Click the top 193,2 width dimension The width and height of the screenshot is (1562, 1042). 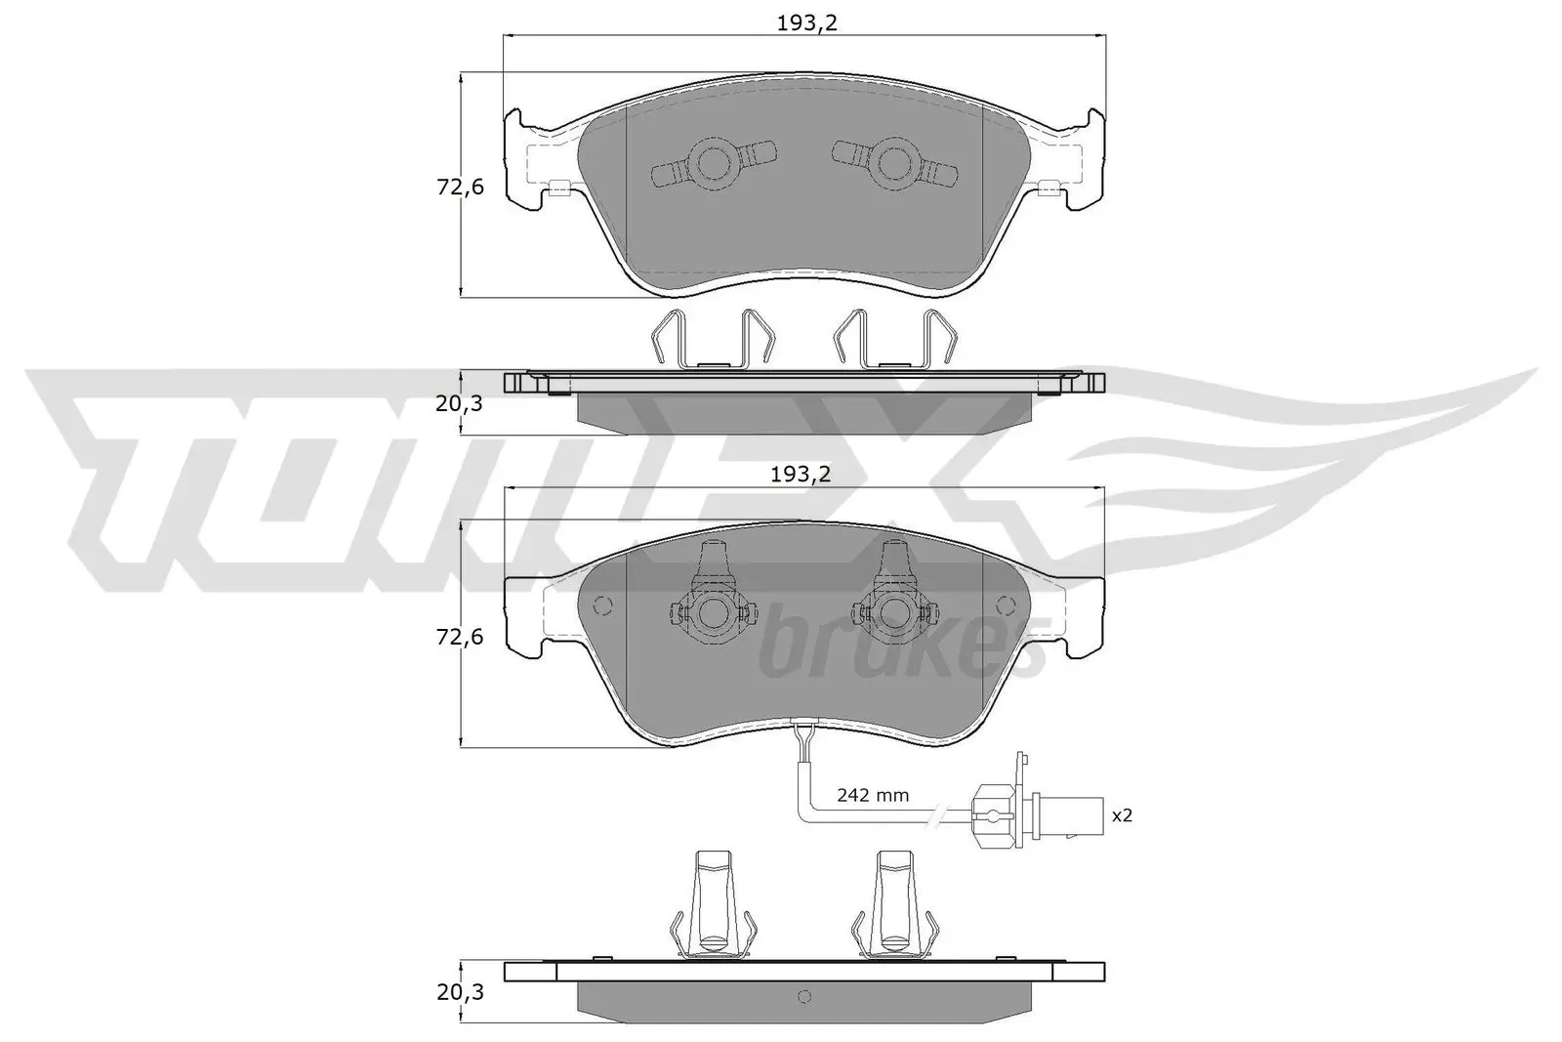pyautogui.click(x=806, y=23)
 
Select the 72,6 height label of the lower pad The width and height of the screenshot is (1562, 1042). pyautogui.click(x=460, y=637)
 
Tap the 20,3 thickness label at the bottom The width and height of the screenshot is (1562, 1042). pyautogui.click(x=460, y=992)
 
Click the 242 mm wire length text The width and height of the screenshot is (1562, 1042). pyautogui.click(x=873, y=795)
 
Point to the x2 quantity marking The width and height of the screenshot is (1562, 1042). pyautogui.click(x=1123, y=814)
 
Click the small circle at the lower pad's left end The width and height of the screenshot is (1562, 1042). pyautogui.click(x=602, y=604)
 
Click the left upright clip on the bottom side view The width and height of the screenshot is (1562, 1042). pyautogui.click(x=710, y=903)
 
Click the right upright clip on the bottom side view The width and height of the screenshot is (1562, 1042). pyautogui.click(x=894, y=903)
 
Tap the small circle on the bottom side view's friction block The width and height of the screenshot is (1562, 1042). pyautogui.click(x=804, y=997)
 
